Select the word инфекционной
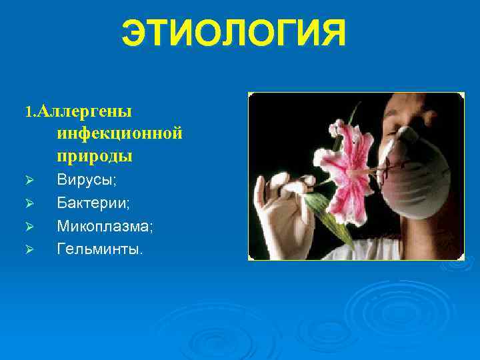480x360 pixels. [119, 133]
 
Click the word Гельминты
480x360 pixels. [99, 249]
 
